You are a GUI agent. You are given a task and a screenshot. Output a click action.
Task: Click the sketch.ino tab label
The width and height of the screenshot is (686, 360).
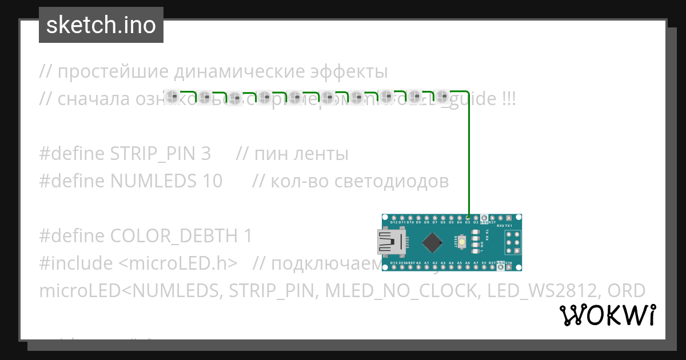tap(101, 25)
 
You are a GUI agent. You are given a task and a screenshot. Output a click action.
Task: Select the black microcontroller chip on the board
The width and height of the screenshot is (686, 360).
tap(433, 242)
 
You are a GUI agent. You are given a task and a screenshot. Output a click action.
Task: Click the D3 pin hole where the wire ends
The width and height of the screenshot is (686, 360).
tap(468, 218)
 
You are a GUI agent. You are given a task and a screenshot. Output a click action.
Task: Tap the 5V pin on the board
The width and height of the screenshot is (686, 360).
tap(484, 267)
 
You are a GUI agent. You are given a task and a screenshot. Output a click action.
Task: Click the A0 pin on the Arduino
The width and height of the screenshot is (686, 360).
tap(418, 267)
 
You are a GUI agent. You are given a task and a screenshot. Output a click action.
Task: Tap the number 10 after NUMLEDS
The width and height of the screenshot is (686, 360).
tap(212, 181)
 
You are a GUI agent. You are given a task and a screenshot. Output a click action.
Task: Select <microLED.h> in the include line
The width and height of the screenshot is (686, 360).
tap(178, 263)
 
